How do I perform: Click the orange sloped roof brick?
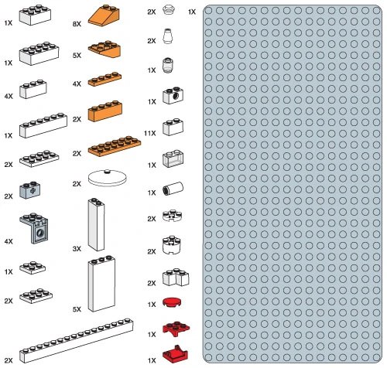104,15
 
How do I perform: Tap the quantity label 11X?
150,133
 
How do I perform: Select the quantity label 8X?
77,24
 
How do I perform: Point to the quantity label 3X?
77,249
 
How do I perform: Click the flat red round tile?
172,302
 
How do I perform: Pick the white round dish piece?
107,178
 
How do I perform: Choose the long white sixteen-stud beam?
77,340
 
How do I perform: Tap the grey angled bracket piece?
34,228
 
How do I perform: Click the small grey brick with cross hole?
30,190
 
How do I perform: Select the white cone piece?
167,36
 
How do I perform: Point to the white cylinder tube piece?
173,189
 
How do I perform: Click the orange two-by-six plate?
115,146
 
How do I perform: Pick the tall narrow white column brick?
96,224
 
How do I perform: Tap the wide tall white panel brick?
101,284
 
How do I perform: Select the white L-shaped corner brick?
176,278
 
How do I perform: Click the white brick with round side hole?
173,95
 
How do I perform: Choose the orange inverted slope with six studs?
104,49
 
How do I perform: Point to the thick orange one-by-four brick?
105,111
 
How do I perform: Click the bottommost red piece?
176,353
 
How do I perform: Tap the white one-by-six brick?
43,125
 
